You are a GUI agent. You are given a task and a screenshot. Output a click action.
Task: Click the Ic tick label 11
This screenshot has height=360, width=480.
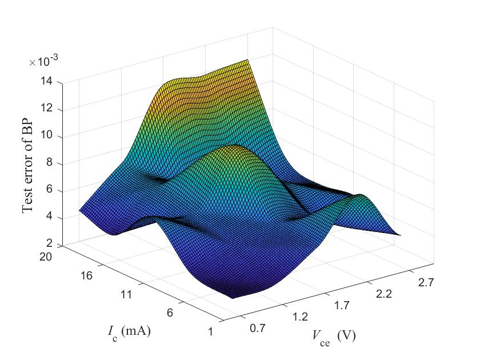127,295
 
